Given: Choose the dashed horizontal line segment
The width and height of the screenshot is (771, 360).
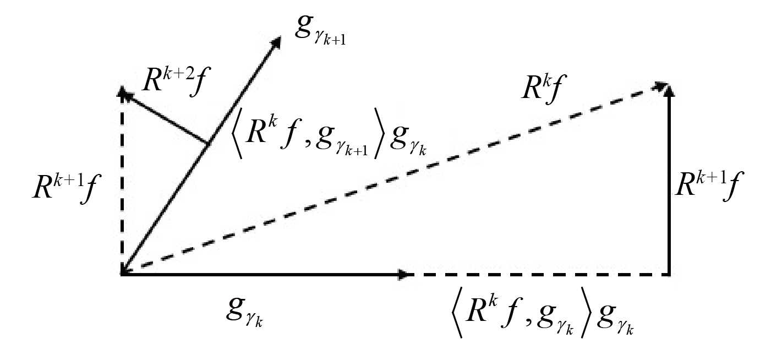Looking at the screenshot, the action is [x=539, y=274].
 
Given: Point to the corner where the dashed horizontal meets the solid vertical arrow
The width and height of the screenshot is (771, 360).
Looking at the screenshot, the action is [x=669, y=274].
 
